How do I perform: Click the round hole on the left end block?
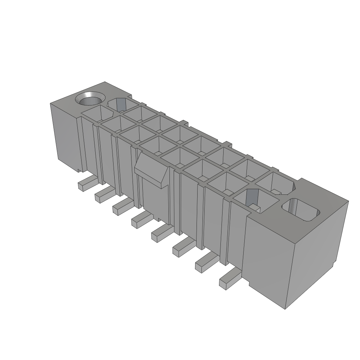[x=91, y=99]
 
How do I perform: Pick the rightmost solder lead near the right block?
[x=229, y=280]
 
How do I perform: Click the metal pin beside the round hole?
[x=121, y=103]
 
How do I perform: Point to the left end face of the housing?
[x=65, y=135]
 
